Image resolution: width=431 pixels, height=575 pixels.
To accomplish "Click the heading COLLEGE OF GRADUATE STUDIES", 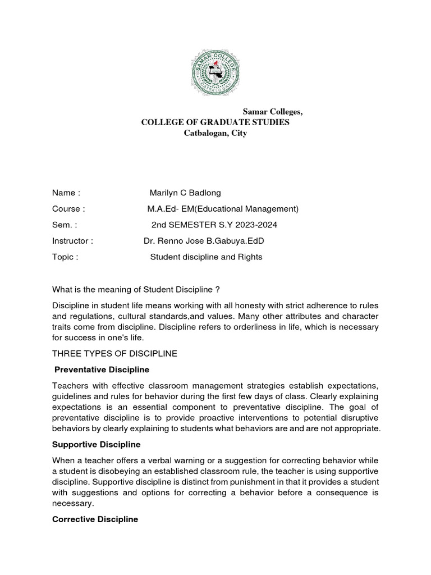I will click(x=215, y=122).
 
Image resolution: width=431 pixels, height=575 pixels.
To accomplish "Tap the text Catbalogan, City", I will click(x=215, y=134).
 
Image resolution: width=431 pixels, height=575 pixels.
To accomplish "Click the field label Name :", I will click(x=67, y=193).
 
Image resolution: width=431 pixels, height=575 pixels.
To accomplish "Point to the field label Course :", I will click(x=68, y=209).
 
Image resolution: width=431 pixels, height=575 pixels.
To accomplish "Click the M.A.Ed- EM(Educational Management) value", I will click(x=223, y=209).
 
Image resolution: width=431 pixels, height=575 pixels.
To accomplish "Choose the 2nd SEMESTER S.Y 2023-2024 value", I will click(x=214, y=225).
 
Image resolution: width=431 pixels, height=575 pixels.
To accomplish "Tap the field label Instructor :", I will click(x=72, y=241).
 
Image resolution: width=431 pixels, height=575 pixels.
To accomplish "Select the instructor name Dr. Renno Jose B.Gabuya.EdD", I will click(x=204, y=241).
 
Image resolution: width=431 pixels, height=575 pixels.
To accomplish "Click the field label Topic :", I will click(x=65, y=257).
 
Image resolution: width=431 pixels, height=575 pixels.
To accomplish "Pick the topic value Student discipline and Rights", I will click(x=206, y=257).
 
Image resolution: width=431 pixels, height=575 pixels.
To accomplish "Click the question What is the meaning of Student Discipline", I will click(x=135, y=289).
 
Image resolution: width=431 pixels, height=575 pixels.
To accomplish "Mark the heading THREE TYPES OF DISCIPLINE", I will click(x=114, y=354).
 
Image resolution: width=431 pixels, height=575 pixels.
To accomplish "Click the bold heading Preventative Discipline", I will click(x=102, y=369).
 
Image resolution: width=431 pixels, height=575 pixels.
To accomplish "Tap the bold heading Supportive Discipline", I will click(x=96, y=444).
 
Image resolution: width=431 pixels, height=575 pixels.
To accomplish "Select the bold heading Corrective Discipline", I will click(x=95, y=519).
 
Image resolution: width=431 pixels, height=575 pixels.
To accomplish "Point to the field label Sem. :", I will click(x=64, y=225).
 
